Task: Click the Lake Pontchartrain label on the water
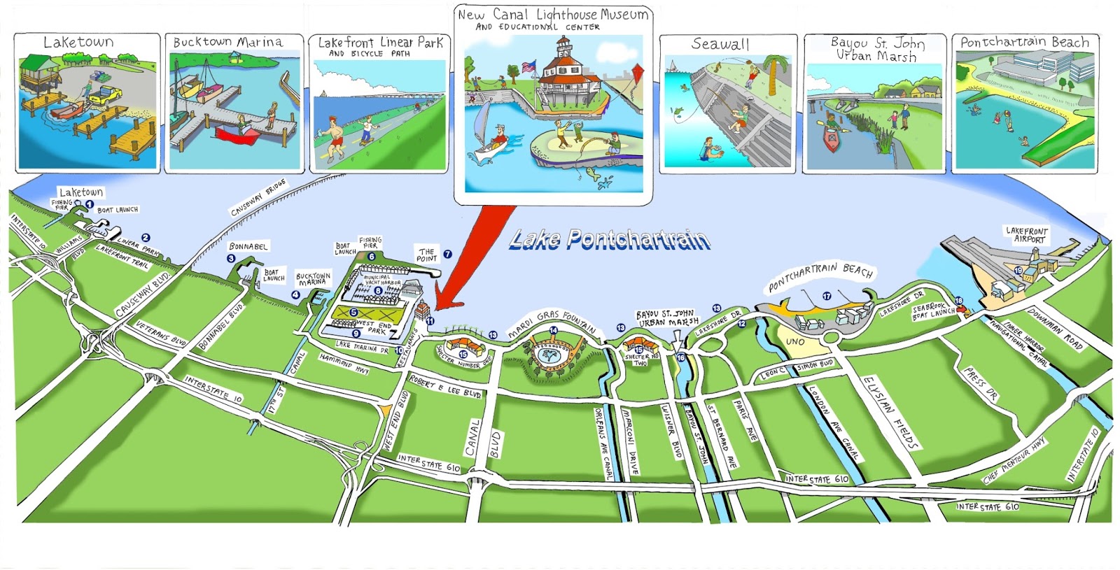pyautogui.click(x=610, y=240)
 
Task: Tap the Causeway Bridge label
pyautogui.click(x=258, y=198)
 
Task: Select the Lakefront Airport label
pyautogui.click(x=1026, y=234)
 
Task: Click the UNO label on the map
pyautogui.click(x=794, y=341)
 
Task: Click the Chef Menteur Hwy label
pyautogui.click(x=1014, y=460)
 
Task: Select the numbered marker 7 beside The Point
pyautogui.click(x=447, y=255)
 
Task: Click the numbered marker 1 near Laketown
pyautogui.click(x=90, y=204)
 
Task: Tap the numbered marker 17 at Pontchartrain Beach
pyautogui.click(x=827, y=296)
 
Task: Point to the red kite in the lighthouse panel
pyautogui.click(x=636, y=73)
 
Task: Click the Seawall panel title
pyautogui.click(x=720, y=44)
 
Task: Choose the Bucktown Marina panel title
pyautogui.click(x=228, y=42)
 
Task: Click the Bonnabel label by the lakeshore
pyautogui.click(x=248, y=246)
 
